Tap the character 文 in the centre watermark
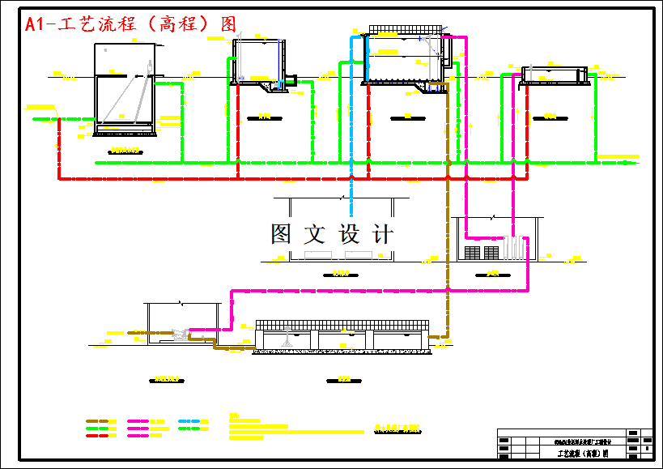point(315,235)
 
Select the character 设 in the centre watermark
point(349,235)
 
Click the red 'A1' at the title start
point(35,24)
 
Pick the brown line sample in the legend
point(97,422)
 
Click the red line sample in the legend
point(97,436)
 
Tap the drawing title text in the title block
point(581,454)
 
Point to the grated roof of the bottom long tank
point(341,325)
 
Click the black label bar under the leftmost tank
point(124,151)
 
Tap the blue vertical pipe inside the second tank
point(276,61)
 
